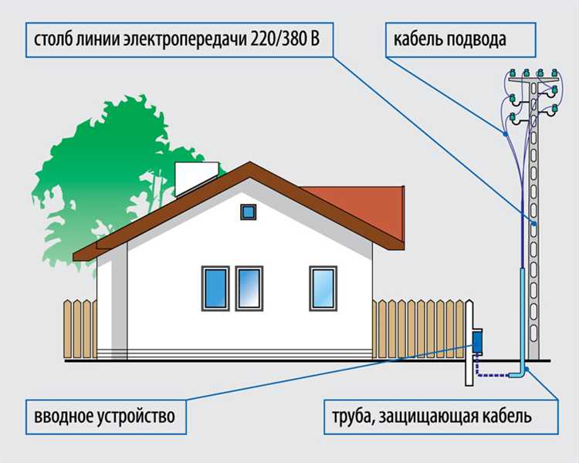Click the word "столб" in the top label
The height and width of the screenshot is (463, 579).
pyautogui.click(x=53, y=39)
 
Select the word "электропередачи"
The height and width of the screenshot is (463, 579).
pyautogui.click(x=185, y=40)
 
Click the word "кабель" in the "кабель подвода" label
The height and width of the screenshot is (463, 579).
pyautogui.click(x=416, y=39)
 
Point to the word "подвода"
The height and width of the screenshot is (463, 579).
pyautogui.click(x=474, y=40)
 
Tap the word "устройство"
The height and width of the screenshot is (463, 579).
pyautogui.click(x=136, y=417)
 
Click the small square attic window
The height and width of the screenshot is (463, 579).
pyautogui.click(x=248, y=212)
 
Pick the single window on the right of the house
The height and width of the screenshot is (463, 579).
pyautogui.click(x=323, y=289)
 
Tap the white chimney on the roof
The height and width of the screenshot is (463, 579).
pyautogui.click(x=197, y=179)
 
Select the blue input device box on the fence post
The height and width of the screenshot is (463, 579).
pyautogui.click(x=477, y=341)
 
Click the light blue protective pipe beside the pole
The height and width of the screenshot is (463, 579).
pyautogui.click(x=523, y=321)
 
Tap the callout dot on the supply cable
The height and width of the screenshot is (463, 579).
pyautogui.click(x=504, y=134)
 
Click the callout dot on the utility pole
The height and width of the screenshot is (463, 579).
pyautogui.click(x=534, y=224)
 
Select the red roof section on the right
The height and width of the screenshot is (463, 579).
pyautogui.click(x=366, y=211)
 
